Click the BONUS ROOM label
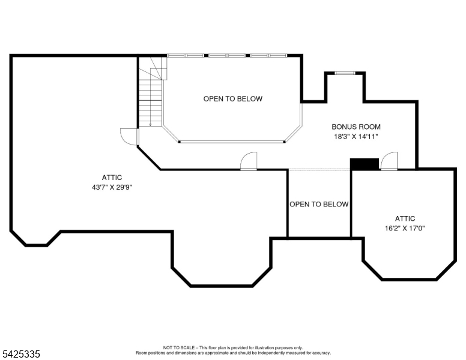(x=356, y=127)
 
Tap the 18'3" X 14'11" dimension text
(x=356, y=137)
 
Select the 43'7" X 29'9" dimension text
(x=112, y=187)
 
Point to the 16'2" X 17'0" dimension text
(x=405, y=229)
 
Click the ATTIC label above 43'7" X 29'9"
(x=112, y=178)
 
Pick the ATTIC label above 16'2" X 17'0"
(x=405, y=218)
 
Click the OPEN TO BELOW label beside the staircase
(x=233, y=99)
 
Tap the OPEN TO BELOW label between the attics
(x=319, y=205)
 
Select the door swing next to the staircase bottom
(x=129, y=137)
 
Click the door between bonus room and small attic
(x=389, y=161)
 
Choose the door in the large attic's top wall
(x=249, y=161)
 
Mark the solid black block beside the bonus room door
(x=365, y=164)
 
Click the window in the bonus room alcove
(x=345, y=73)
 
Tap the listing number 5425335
(x=21, y=354)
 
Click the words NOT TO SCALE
(x=179, y=347)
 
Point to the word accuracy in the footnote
(x=321, y=353)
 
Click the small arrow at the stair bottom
(x=150, y=125)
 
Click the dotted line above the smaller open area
(x=319, y=169)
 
